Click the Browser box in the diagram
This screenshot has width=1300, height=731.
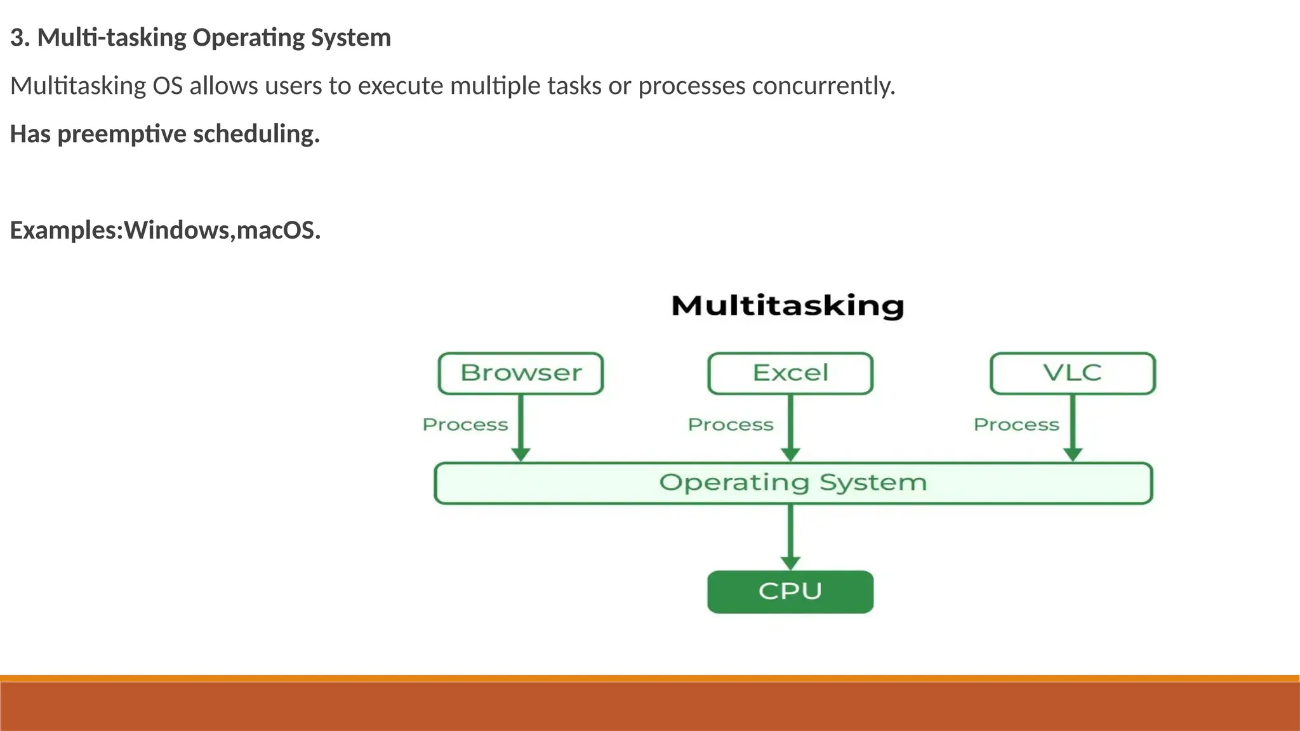(x=521, y=373)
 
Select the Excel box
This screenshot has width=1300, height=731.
(x=790, y=373)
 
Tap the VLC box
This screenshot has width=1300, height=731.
(x=1073, y=373)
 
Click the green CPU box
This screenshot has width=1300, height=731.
(x=790, y=591)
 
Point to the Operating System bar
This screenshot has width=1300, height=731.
(x=793, y=483)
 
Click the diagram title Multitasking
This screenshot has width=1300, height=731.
(x=788, y=306)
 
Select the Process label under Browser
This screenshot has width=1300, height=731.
(x=465, y=425)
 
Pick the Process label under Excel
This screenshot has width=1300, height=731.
(x=731, y=425)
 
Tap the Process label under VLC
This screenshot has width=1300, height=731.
(x=1016, y=425)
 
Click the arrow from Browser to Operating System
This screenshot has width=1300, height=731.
(x=521, y=428)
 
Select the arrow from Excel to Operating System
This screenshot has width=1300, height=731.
(x=790, y=428)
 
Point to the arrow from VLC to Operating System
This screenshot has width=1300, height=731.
(x=1073, y=428)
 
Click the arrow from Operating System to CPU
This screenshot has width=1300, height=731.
(x=790, y=537)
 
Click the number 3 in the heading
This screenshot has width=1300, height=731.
(x=17, y=38)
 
